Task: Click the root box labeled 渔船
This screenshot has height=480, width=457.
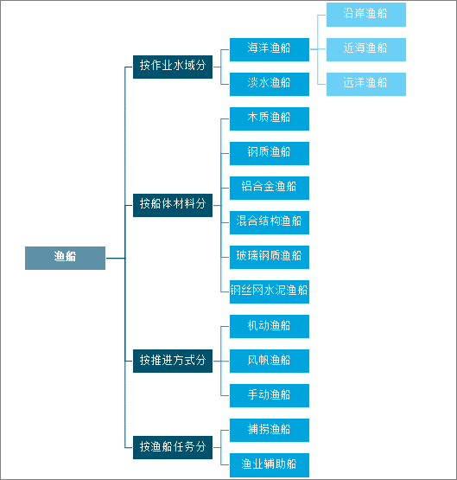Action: [65, 258]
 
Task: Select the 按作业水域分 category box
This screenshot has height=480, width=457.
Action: [173, 67]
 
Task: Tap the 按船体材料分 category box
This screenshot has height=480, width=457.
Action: [173, 205]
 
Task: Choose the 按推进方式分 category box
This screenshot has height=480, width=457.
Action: [173, 361]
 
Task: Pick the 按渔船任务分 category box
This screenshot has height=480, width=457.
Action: [173, 447]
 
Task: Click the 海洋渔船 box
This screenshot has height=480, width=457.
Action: [270, 49]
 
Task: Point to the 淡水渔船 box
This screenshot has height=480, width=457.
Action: [270, 84]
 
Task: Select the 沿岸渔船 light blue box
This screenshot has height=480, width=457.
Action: [366, 15]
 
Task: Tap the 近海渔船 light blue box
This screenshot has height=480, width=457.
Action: [366, 49]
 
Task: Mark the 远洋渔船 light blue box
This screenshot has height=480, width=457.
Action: [366, 84]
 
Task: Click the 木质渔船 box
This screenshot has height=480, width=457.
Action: [270, 118]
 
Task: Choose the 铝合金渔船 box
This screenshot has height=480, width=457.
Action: [270, 188]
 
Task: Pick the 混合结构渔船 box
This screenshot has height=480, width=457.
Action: [270, 222]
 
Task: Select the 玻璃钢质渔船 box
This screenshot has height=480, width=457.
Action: [270, 257]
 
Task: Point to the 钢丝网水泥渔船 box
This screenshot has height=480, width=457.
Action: [270, 291]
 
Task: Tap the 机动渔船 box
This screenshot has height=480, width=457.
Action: [270, 326]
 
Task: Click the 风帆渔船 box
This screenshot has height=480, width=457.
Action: [270, 361]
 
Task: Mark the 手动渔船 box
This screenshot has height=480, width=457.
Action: [270, 395]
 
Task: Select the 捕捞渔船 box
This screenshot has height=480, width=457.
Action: [270, 430]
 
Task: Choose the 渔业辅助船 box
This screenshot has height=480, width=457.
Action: [270, 465]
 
